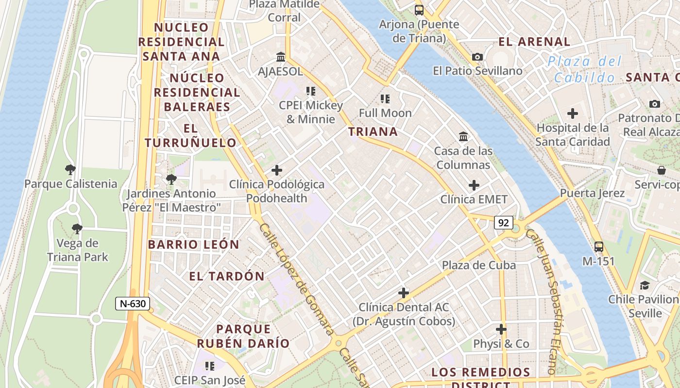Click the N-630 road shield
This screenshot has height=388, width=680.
tap(133, 304)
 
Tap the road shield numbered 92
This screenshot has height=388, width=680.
tap(504, 223)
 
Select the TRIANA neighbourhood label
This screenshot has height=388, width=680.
tap(373, 131)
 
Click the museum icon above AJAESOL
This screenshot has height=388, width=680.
tap(281, 57)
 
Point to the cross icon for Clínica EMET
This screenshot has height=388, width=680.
tap(474, 185)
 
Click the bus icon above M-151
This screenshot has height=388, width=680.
tap(599, 246)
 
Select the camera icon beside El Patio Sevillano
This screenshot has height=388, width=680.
tap(477, 57)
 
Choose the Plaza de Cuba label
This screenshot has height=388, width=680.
tap(478, 265)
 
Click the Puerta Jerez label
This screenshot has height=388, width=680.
tap(592, 193)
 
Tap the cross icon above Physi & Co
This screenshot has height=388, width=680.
tap(501, 330)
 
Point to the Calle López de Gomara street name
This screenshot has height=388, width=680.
tap(296, 279)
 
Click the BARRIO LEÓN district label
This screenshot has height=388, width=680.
tap(194, 244)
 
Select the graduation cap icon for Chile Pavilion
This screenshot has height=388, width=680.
tap(645, 285)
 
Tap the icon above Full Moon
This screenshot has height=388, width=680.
tap(385, 99)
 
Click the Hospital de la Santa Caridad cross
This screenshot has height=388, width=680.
tap(573, 114)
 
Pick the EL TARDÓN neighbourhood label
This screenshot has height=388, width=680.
tap(227, 276)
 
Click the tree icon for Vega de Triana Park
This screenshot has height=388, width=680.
tap(77, 229)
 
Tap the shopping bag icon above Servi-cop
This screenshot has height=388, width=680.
tap(661, 170)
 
